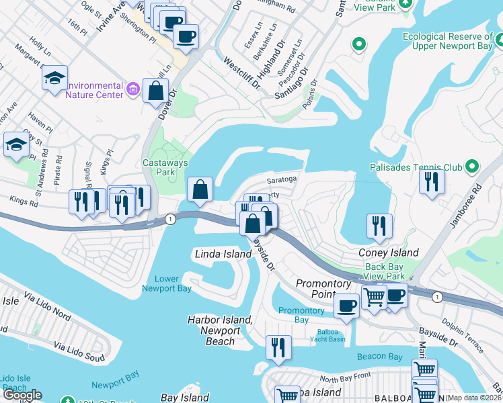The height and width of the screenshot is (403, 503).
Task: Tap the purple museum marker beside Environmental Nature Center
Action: click(133, 89)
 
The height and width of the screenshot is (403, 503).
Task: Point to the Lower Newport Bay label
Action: click(166, 283)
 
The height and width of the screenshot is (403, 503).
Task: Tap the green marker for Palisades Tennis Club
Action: click(472, 166)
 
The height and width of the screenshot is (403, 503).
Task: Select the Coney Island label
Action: click(389, 253)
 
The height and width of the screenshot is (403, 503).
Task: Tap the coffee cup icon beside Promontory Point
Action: click(347, 306)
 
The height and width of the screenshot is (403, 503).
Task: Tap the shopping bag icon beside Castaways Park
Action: click(200, 190)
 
